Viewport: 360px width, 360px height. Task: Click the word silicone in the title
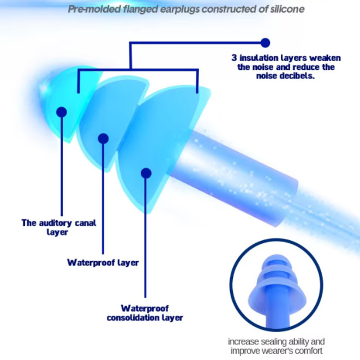(287, 9)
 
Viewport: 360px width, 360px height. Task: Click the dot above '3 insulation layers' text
(266, 43)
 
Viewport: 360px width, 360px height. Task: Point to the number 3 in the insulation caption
(234, 58)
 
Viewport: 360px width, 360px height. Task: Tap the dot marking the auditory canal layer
(62, 112)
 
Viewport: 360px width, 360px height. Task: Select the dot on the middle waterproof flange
(103, 139)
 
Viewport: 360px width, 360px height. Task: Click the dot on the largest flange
(146, 173)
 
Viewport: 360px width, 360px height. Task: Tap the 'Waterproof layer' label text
(103, 262)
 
